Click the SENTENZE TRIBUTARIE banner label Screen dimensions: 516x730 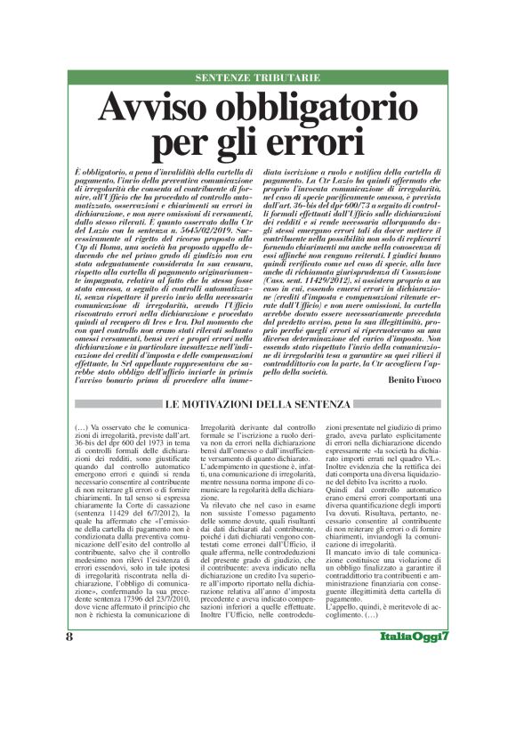(x=257, y=78)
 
